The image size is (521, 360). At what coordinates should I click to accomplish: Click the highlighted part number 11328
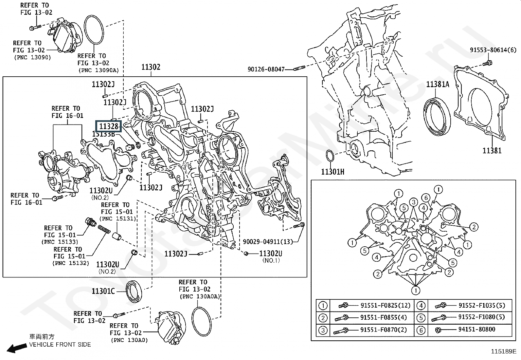[108, 126]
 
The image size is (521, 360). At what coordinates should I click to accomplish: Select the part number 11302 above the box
[151, 67]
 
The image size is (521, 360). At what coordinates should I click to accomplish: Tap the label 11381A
[438, 85]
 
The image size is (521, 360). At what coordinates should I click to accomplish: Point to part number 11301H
[332, 172]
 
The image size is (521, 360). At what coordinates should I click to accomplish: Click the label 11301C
[103, 291]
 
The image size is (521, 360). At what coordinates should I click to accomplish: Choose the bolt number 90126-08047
[266, 69]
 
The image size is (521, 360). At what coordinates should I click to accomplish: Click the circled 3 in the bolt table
[323, 330]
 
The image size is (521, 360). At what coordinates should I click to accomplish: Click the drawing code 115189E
[503, 351]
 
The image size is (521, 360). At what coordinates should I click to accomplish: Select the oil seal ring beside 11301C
[134, 291]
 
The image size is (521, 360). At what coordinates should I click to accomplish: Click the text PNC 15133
[60, 242]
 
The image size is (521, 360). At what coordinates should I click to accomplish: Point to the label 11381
[492, 151]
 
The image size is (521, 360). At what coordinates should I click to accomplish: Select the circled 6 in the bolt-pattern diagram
[425, 198]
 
